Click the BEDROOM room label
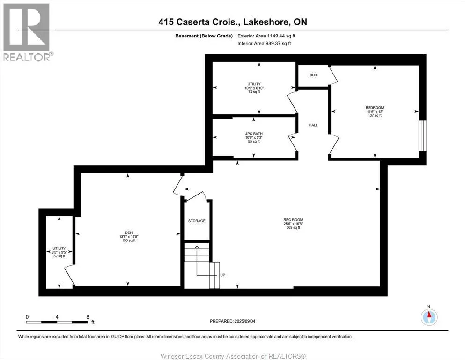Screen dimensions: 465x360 pyautogui.click(x=375, y=108)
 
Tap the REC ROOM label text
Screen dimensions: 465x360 pyautogui.click(x=293, y=220)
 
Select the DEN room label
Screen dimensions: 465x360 pyautogui.click(x=129, y=232)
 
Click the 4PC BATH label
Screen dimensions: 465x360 pyautogui.click(x=254, y=134)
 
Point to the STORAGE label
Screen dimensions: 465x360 pyautogui.click(x=197, y=221)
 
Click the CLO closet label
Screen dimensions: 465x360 pyautogui.click(x=313, y=75)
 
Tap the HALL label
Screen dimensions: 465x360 pyautogui.click(x=313, y=125)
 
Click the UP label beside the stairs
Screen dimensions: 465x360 pyautogui.click(x=223, y=275)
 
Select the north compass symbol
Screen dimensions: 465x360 pyautogui.click(x=429, y=317)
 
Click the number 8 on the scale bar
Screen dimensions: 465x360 pyautogui.click(x=88, y=317)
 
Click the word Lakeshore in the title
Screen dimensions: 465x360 pyautogui.click(x=266, y=22)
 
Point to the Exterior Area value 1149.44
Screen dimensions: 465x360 pyautogui.click(x=276, y=36)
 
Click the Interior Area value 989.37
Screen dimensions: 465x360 pyautogui.click(x=274, y=43)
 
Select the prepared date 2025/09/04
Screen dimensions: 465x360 pyautogui.click(x=244, y=321)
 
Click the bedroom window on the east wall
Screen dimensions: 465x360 pyautogui.click(x=422, y=135)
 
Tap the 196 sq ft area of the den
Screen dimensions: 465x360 pyautogui.click(x=129, y=240)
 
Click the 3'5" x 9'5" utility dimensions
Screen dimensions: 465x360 pyautogui.click(x=59, y=252)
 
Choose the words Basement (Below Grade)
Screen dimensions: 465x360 pyautogui.click(x=204, y=36)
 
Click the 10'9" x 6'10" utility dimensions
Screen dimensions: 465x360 pyautogui.click(x=254, y=88)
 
